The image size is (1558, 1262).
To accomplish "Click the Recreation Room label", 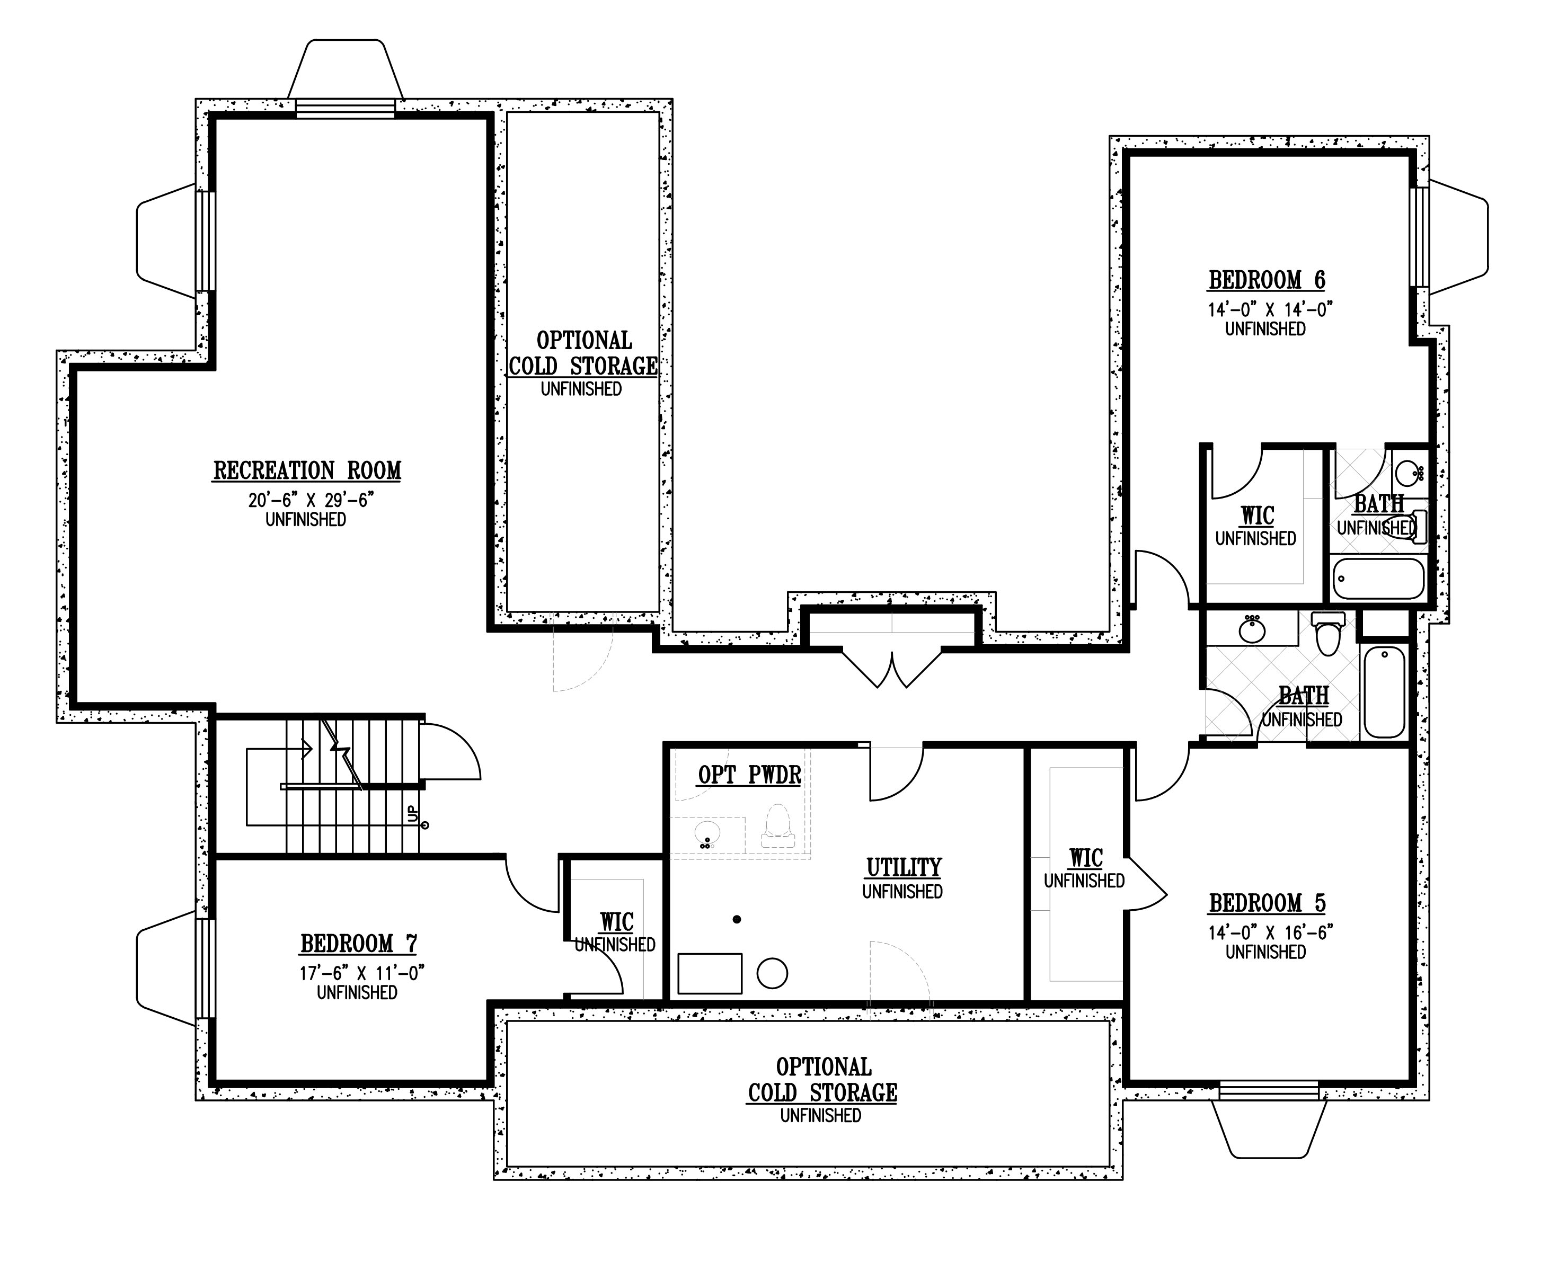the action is (307, 471).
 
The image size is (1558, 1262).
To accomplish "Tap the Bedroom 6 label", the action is (1267, 280).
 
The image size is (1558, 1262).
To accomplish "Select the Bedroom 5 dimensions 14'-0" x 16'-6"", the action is (1271, 932).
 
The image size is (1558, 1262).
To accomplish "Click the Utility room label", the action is (904, 867).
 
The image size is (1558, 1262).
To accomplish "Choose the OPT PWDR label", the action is (749, 775).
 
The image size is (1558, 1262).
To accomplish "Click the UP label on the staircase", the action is (413, 813).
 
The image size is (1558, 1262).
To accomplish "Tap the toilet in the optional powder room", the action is (778, 825).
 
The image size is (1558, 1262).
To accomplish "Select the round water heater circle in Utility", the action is (772, 973).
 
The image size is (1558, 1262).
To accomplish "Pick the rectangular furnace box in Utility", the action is (710, 973).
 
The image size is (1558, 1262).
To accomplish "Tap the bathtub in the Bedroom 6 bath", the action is (1378, 579).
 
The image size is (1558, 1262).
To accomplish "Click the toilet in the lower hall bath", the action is (1328, 633).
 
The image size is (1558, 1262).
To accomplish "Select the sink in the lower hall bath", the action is (1252, 629).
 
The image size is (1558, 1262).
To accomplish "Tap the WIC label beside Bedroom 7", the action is (616, 922).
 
